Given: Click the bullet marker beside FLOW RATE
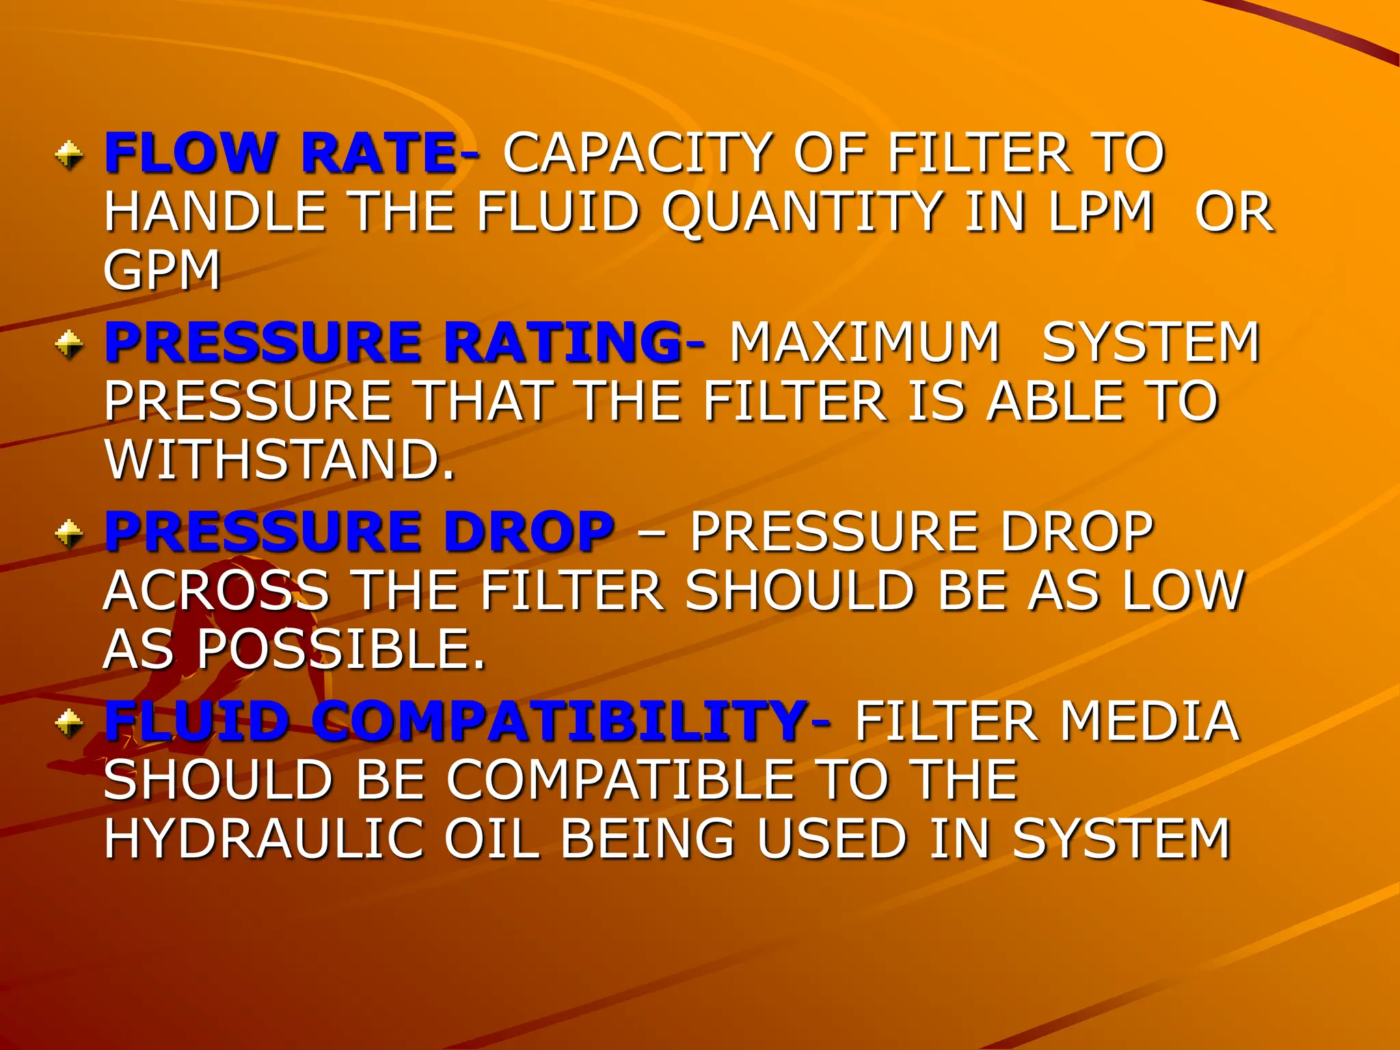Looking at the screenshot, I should tap(69, 154).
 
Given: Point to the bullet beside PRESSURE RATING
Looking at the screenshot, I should tap(69, 343).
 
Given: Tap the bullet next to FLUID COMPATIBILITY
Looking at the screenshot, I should tap(69, 723).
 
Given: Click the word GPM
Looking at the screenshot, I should tap(162, 271).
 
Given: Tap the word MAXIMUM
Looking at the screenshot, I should tap(865, 342).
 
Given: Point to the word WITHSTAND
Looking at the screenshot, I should tap(279, 460).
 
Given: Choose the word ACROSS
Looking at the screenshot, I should tap(216, 591).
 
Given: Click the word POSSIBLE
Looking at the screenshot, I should tap(340, 649).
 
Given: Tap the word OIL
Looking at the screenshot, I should tap(491, 839).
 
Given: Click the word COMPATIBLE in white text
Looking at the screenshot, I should tap(621, 780).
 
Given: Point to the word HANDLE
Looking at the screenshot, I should tap(215, 212).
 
